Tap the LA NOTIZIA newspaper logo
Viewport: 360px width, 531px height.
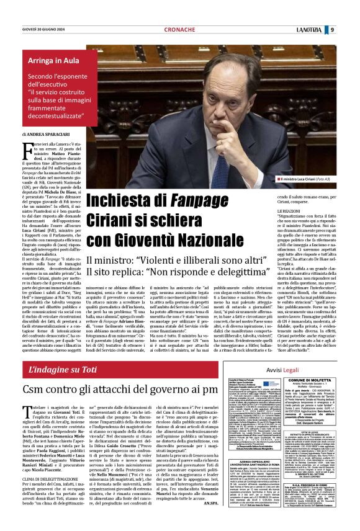[x=308, y=29]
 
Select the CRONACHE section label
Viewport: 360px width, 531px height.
[x=180, y=30]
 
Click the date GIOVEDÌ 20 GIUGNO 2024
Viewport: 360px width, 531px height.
[x=46, y=29]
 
